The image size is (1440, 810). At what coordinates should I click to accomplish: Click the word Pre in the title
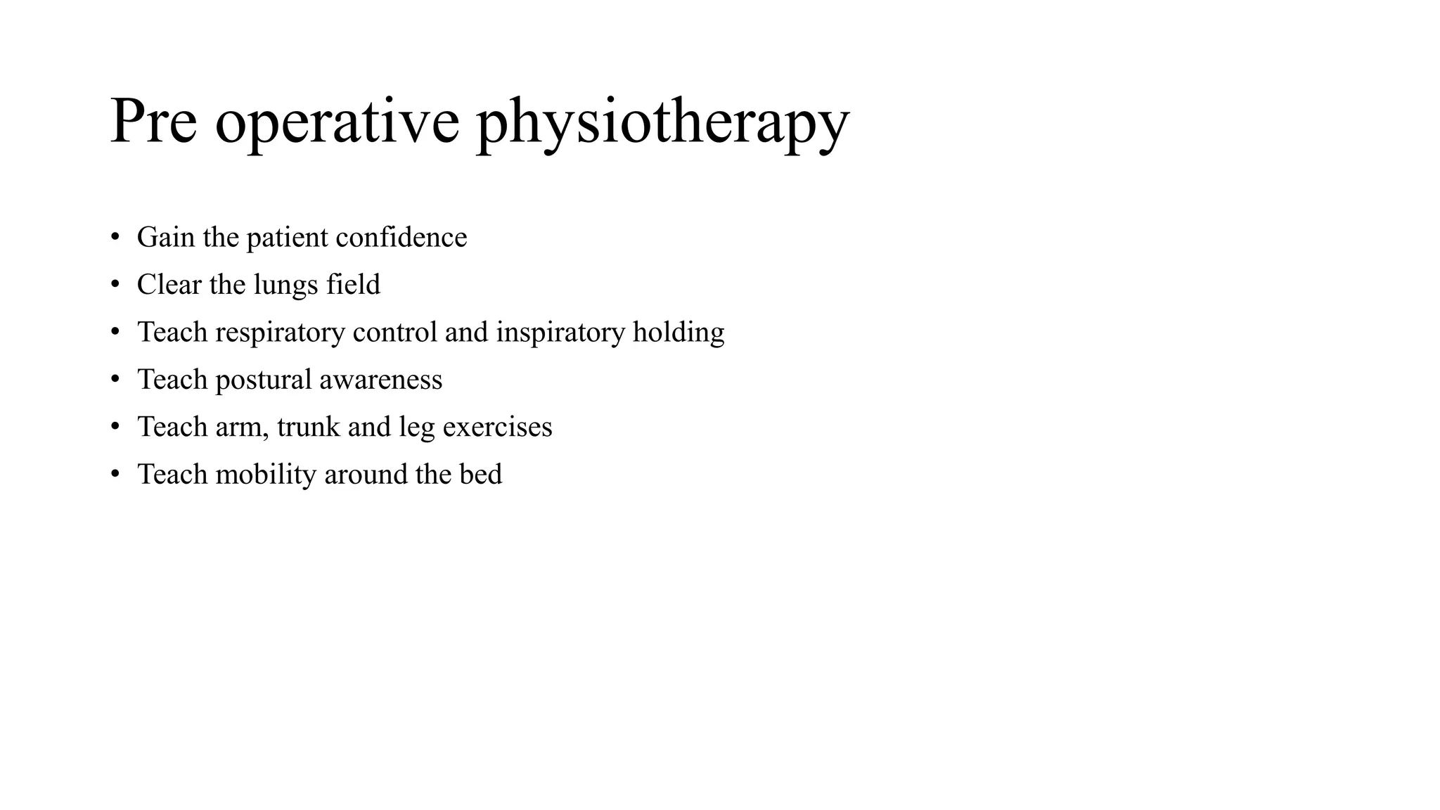[x=153, y=122]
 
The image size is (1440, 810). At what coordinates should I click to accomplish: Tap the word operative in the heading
[x=337, y=124]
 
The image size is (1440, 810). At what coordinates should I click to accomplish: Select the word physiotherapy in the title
[x=662, y=124]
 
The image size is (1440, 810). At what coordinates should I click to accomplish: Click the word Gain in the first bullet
[x=166, y=238]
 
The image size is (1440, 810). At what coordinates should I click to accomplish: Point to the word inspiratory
[x=560, y=333]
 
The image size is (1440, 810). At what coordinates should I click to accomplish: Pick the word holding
[x=678, y=333]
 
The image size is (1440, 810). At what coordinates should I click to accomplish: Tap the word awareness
[x=380, y=380]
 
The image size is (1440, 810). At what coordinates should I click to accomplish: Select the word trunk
[x=309, y=427]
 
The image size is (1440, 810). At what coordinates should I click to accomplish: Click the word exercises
[x=497, y=427]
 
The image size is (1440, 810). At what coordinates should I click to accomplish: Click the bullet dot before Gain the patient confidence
[x=115, y=238]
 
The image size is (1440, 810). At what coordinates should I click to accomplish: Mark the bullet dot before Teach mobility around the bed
[x=115, y=475]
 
